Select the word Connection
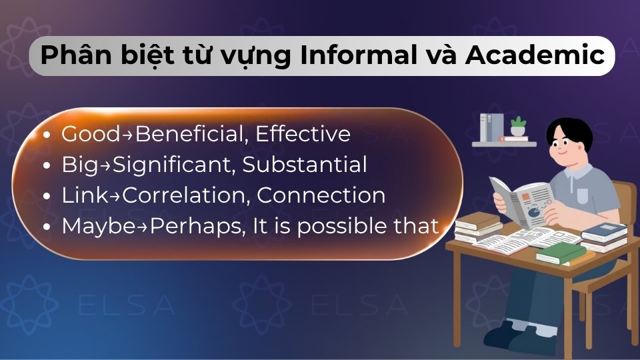[321, 195]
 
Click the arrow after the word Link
[117, 196]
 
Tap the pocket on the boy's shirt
[583, 195]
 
